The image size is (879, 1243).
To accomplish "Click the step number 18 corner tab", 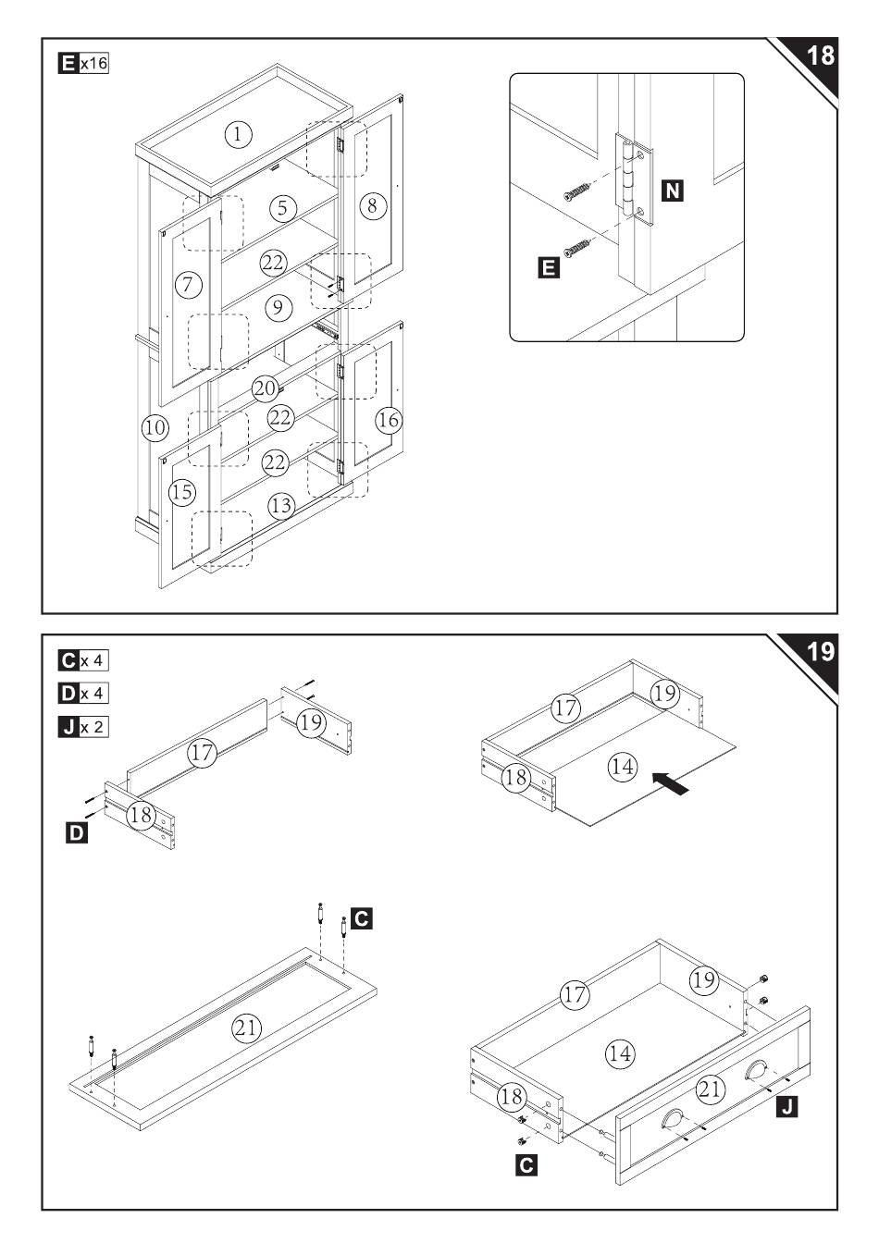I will coord(819,56).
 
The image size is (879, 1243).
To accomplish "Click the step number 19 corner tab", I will coord(819,652).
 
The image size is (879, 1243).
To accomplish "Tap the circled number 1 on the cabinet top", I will coord(238,135).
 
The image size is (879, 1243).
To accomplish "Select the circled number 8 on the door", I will coord(372,205).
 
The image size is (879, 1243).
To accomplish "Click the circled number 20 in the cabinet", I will coord(265,388).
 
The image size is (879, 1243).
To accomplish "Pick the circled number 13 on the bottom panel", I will coord(281,506).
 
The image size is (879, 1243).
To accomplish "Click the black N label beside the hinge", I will coord(674,191).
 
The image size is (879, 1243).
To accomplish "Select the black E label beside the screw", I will coord(548,268).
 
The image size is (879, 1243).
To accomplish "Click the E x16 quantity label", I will coord(84,64).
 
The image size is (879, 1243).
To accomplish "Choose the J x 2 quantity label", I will coord(84,726).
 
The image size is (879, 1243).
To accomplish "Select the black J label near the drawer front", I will coord(786,1106).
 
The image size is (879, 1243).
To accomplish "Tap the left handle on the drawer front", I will coord(674,1119).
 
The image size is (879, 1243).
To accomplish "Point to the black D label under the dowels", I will coord(77,832).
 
